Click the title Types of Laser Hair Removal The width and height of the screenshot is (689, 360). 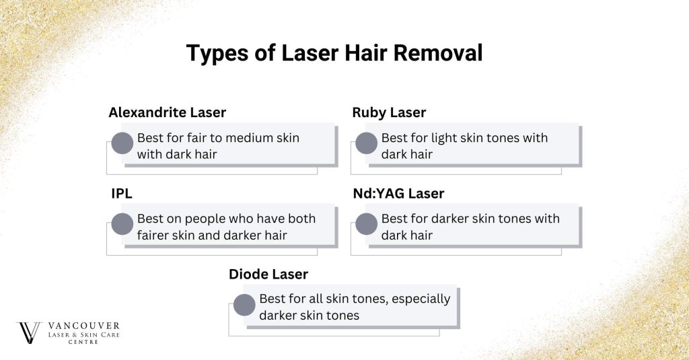334,53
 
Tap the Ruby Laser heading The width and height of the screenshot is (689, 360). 389,112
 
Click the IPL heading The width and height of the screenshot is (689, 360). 122,194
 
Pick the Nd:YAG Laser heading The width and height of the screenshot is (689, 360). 398,194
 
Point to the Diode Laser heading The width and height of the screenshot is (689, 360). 268,275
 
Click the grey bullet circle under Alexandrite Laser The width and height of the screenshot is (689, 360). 122,143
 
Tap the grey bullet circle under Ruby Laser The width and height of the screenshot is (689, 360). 366,143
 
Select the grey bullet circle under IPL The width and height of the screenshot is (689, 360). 122,224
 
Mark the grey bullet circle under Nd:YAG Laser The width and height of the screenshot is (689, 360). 366,224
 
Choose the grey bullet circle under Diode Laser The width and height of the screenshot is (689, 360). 244,305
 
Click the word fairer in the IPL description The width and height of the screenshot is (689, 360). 155,236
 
